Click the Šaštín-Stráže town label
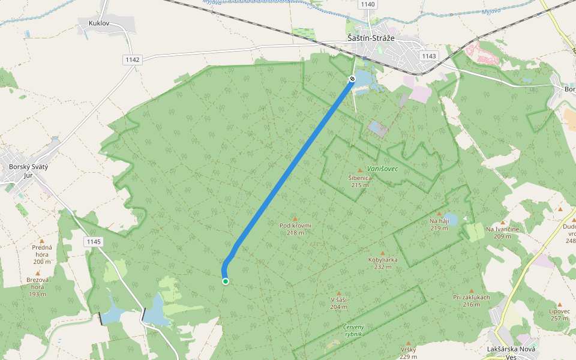coord(371,37)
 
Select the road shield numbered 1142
coord(133,59)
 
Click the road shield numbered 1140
coord(368,4)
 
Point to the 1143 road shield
coord(429,56)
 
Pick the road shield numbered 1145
coord(94,242)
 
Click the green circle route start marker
coord(226,281)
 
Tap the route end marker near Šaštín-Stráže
coord(352,79)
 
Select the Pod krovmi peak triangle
coord(295,219)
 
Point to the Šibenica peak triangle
coord(360,171)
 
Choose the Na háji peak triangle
coord(439,214)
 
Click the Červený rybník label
coord(353,330)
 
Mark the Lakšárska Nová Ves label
coord(511,352)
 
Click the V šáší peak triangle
coord(339,293)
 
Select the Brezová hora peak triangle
coord(37,273)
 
